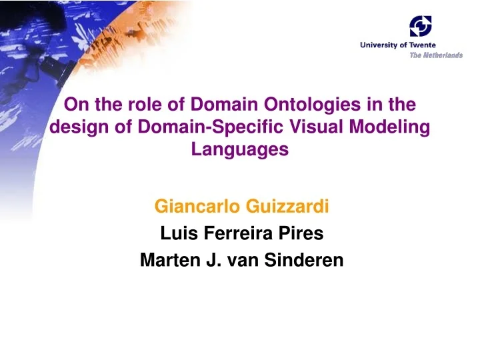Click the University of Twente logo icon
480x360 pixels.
(x=421, y=27)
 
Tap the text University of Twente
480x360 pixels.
(x=398, y=45)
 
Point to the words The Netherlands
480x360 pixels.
(x=435, y=55)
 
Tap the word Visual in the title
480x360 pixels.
(x=307, y=127)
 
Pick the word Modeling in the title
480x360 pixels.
(x=386, y=127)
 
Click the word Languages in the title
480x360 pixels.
(x=240, y=149)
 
